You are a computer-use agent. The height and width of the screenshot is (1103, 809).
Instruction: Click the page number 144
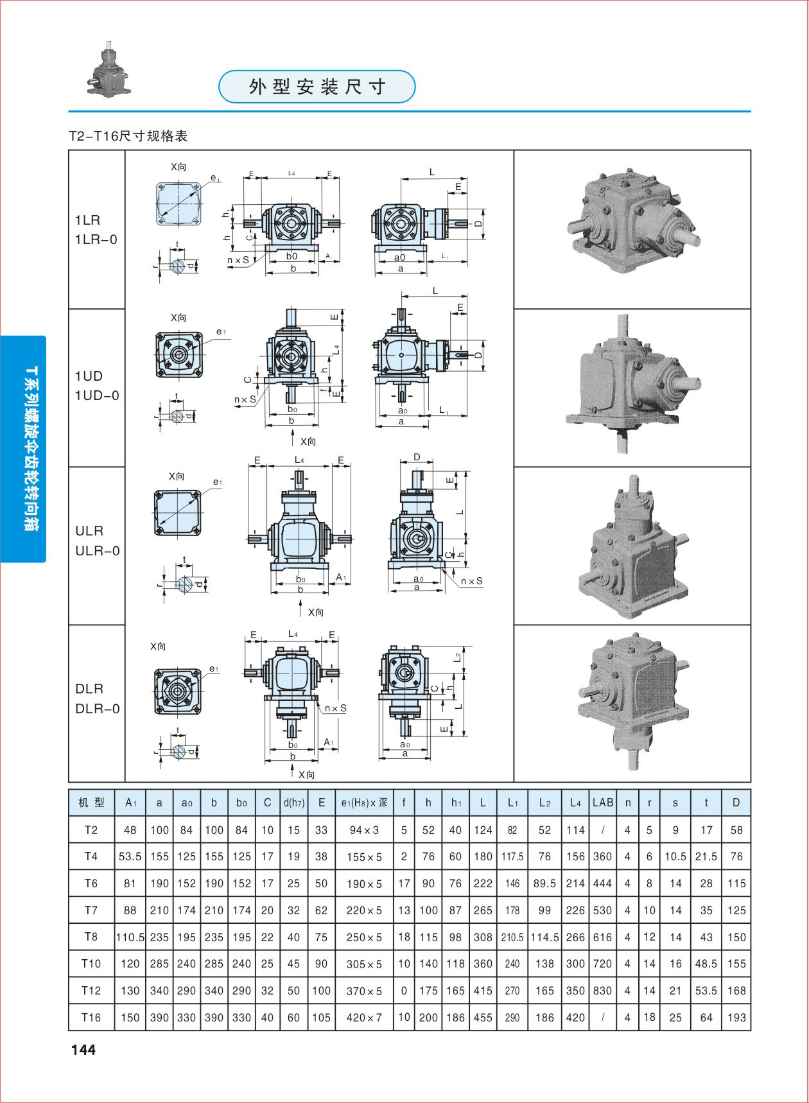click(x=83, y=1050)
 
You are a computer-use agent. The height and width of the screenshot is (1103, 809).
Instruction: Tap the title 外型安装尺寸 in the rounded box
click(x=317, y=87)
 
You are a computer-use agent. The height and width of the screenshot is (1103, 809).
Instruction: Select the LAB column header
click(x=603, y=802)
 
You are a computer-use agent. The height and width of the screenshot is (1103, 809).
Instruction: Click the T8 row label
click(x=91, y=936)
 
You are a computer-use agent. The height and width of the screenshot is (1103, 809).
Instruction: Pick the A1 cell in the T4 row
click(x=130, y=856)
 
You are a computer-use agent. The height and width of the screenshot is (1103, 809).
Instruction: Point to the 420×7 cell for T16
click(x=364, y=1018)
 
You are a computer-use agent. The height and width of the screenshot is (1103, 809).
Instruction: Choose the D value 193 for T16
click(x=736, y=1017)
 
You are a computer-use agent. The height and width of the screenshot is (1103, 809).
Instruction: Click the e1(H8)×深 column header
click(x=364, y=803)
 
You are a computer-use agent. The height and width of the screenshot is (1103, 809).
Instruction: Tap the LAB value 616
click(x=603, y=937)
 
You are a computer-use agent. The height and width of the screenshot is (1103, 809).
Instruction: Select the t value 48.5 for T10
click(x=706, y=964)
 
